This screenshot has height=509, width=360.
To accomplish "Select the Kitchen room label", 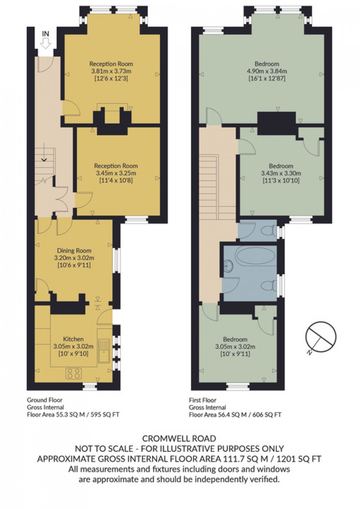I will pos(73,339).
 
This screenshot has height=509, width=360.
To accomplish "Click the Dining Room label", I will pos(74,250).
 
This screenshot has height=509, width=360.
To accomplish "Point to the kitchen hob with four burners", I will pos(73,373).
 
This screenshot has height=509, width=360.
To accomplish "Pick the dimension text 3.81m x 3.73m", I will pos(111,71).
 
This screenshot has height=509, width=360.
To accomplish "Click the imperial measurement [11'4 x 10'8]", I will pos(116,180).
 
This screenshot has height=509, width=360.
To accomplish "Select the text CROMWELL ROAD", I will pos(179,438).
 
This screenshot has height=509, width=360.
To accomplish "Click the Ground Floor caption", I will pos(44,400).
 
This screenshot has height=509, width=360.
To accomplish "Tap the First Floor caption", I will pos(202,400).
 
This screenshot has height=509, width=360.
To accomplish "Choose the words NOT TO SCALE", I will pos(104,448).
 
